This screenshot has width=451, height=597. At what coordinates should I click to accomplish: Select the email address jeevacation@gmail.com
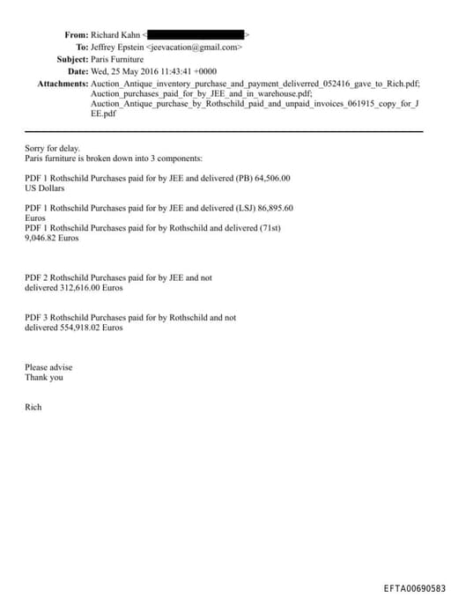point(197,47)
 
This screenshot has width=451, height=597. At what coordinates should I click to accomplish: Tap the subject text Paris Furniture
point(118,59)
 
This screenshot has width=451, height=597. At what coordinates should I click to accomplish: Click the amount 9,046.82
point(41,238)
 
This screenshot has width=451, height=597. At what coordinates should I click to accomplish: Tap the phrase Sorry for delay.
point(52,149)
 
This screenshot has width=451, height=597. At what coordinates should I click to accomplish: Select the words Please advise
point(48,367)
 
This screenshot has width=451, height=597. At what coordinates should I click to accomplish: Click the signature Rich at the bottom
point(33,408)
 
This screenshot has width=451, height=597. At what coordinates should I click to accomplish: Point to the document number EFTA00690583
point(414,588)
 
